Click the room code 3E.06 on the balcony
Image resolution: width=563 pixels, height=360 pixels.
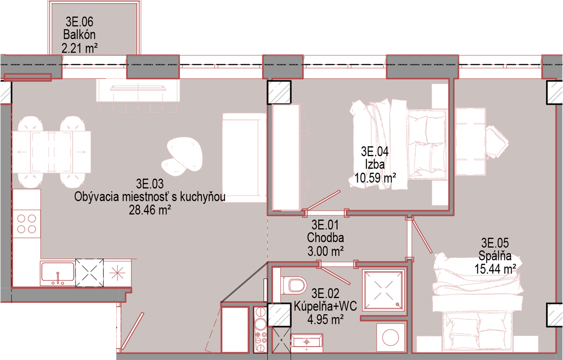pos(80,22)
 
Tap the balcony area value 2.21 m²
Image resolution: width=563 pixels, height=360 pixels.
pos(80,48)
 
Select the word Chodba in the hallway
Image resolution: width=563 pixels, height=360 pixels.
pos(325,238)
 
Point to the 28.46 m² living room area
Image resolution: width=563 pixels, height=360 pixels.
pos(150,210)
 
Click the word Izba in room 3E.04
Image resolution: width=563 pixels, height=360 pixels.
pos(375,165)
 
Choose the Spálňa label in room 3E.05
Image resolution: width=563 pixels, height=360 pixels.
pos(495,256)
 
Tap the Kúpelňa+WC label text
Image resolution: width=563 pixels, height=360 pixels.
pos(325,306)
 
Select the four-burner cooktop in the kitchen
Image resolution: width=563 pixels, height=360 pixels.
pos(26,224)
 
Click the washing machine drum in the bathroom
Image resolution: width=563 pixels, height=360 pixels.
pos(390,337)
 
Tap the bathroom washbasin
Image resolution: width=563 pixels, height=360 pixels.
pos(307,343)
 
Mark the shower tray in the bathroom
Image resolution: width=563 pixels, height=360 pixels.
pos(384,290)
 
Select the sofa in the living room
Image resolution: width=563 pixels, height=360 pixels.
pos(244,158)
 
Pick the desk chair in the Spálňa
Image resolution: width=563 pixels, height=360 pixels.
pos(497,142)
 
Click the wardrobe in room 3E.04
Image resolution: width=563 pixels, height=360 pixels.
pos(286,157)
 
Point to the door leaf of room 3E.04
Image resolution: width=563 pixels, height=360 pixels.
pos(324,200)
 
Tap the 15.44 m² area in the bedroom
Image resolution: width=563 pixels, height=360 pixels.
pos(495,269)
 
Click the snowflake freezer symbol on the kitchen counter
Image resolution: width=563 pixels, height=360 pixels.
pos(117,273)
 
